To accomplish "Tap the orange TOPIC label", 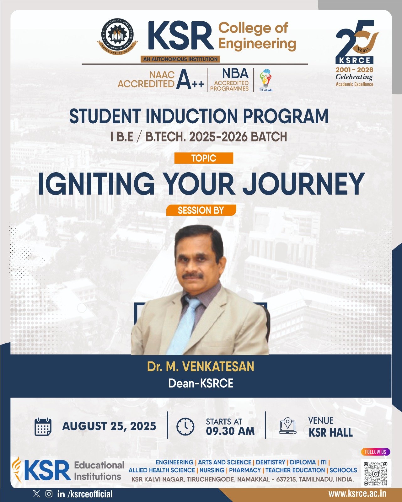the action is tap(204, 158).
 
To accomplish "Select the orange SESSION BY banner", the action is tap(201, 210).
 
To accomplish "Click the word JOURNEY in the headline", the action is tap(303, 184).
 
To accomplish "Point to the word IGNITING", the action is tap(96, 184).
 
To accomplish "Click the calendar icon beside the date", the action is tap(43, 427).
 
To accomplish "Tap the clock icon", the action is tap(185, 427).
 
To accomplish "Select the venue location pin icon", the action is tap(288, 426).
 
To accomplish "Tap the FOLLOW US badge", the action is tap(375, 452).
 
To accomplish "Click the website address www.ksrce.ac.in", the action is tap(357, 494).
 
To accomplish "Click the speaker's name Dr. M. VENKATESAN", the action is tap(201, 366).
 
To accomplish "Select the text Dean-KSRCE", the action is tap(201, 383).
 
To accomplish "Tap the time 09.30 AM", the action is tap(230, 431).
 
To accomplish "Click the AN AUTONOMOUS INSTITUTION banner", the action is tap(180, 59).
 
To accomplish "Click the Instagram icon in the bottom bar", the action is tap(49, 494).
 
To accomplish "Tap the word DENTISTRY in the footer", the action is tap(271, 462).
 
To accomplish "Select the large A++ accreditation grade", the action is tap(190, 81).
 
